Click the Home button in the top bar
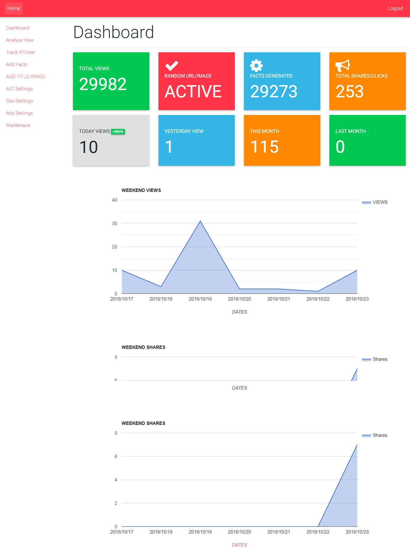14,9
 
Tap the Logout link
395,9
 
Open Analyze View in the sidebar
20,40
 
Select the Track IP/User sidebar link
20,52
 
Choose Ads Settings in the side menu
19,113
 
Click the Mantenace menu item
18,125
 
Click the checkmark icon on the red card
172,65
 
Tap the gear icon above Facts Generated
256,65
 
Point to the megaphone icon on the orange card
342,65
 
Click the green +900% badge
118,132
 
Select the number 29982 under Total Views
103,84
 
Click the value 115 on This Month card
264,147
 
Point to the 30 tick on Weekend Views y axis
115,224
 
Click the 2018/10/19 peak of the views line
200,221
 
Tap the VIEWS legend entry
380,202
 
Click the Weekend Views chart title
141,190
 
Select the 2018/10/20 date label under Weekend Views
239,299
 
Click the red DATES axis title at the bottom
239,545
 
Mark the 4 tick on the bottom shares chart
116,480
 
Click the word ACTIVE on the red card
193,92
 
